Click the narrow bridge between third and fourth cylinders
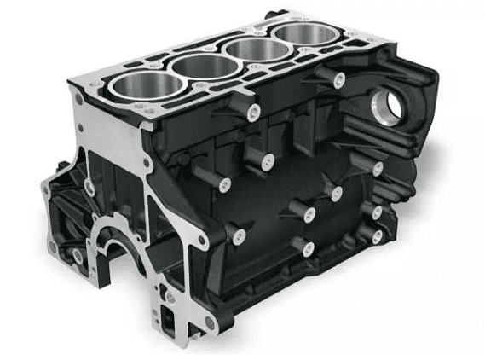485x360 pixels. tap(275, 42)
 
